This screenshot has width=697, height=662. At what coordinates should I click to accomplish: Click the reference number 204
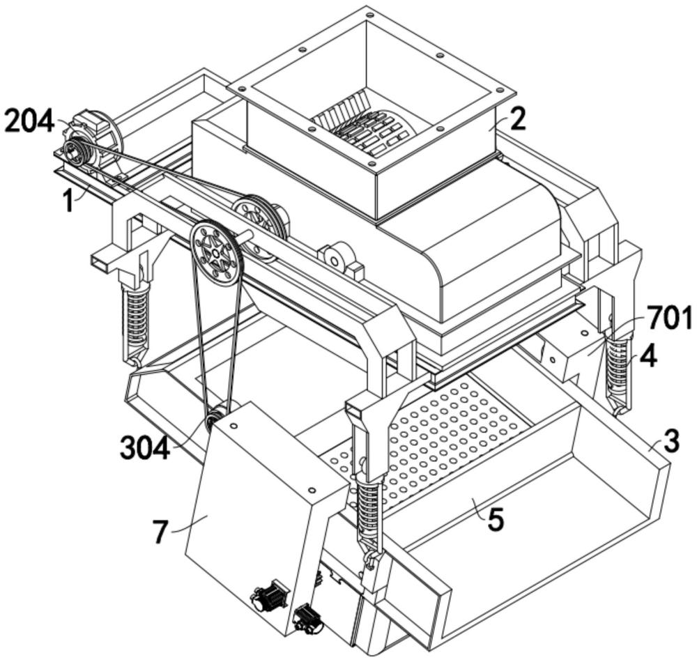pyautogui.click(x=29, y=123)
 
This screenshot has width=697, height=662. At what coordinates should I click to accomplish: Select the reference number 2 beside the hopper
pyautogui.click(x=516, y=119)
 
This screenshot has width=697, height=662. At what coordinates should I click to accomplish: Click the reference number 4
pyautogui.click(x=648, y=356)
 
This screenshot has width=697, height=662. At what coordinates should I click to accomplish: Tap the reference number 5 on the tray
pyautogui.click(x=495, y=519)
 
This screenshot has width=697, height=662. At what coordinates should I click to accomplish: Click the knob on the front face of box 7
pyautogui.click(x=268, y=596)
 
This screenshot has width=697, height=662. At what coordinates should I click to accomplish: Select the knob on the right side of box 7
pyautogui.click(x=306, y=616)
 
